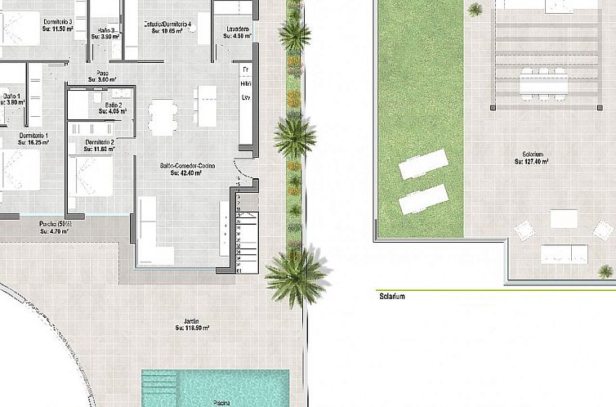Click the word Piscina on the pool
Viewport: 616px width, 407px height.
(x=221, y=403)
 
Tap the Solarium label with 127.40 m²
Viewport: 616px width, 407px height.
(x=530, y=158)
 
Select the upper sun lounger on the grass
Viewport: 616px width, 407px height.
(x=423, y=166)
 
